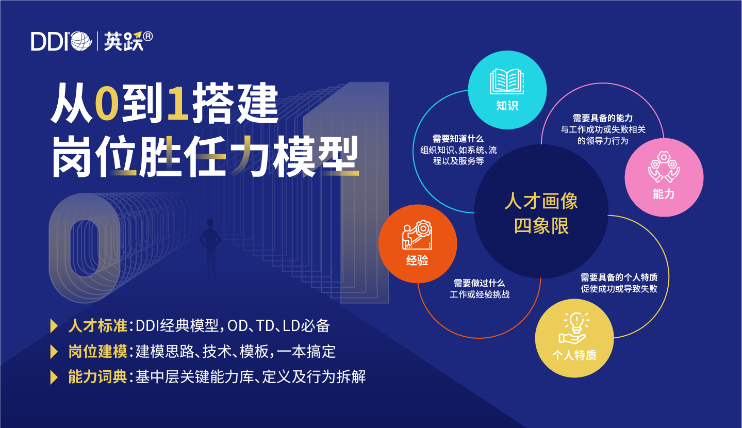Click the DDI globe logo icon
click(x=80, y=41)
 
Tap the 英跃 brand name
click(x=123, y=41)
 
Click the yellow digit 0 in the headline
click(x=107, y=103)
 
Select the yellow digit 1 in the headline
click(x=178, y=103)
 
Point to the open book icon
click(x=507, y=81)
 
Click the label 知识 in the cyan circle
click(x=507, y=106)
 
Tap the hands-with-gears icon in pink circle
click(x=664, y=167)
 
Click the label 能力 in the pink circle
click(x=664, y=194)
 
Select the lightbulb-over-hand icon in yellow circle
click(x=574, y=328)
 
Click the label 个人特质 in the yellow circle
click(x=574, y=355)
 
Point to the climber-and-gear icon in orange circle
click(x=417, y=235)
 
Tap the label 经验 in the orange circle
click(x=417, y=260)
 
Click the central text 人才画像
click(x=541, y=201)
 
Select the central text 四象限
click(x=541, y=226)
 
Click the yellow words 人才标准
click(x=98, y=325)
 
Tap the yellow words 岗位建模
click(x=98, y=352)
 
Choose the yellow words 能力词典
click(x=98, y=377)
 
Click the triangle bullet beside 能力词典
click(x=54, y=377)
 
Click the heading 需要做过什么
click(x=480, y=283)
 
